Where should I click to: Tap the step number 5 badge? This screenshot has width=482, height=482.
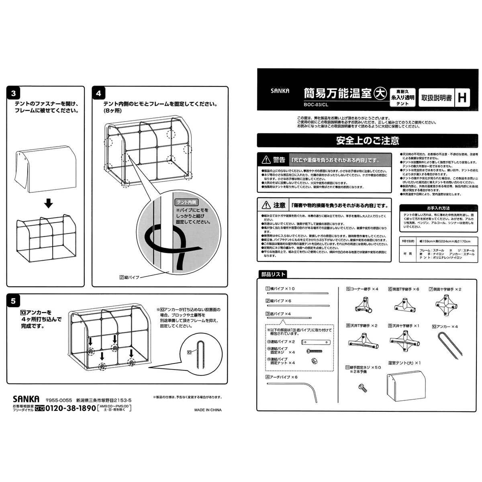(x=14, y=301)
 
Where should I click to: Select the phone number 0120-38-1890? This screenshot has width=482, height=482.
(x=70, y=408)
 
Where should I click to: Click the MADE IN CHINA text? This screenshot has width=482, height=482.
(x=208, y=410)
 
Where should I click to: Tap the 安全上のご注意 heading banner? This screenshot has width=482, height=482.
(x=368, y=141)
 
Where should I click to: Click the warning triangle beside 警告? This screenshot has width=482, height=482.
(x=266, y=160)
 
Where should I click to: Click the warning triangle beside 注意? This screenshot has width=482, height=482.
(x=266, y=206)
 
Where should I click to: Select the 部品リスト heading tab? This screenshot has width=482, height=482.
(x=273, y=275)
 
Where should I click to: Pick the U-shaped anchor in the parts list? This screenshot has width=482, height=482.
(x=449, y=344)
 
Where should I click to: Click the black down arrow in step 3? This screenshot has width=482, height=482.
(x=48, y=204)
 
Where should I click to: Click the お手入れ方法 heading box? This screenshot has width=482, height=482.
(x=438, y=208)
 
